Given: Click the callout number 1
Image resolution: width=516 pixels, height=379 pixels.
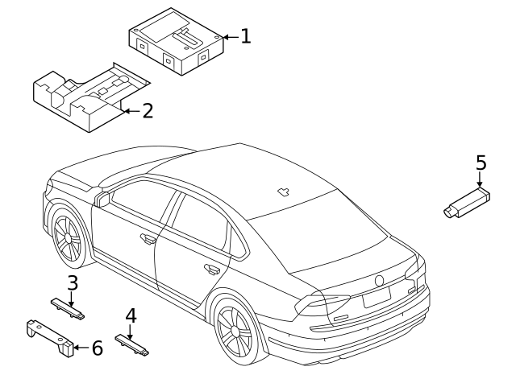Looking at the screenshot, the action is click(x=246, y=36).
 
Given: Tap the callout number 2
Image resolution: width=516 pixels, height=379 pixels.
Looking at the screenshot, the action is click(x=148, y=111).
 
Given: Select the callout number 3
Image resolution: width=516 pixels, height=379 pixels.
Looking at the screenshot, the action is click(x=73, y=282).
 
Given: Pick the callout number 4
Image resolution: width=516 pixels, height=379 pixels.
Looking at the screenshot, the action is click(x=131, y=315).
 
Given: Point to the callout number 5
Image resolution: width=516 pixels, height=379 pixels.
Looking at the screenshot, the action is click(x=481, y=163).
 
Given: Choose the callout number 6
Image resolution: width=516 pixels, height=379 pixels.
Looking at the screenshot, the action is click(x=97, y=348).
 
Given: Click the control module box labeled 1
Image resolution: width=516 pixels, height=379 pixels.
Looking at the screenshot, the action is click(x=176, y=41).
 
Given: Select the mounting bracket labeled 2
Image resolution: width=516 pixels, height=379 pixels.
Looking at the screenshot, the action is click(x=91, y=98).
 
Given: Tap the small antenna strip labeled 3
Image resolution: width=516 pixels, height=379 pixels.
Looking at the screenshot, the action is click(x=68, y=308).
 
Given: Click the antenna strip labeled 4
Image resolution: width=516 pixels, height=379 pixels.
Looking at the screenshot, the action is click(x=131, y=344).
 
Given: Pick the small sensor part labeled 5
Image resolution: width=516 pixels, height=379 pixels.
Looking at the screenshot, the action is click(x=467, y=203).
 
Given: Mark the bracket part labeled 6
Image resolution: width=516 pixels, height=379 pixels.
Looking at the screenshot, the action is click(x=50, y=338).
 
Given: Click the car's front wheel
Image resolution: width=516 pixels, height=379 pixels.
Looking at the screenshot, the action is click(x=68, y=237).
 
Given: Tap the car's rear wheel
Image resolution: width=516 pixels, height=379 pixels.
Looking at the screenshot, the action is click(x=235, y=331).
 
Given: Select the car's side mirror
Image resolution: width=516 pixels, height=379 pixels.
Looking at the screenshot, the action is click(x=102, y=200).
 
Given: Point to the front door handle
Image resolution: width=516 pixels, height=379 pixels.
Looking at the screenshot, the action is click(x=148, y=239).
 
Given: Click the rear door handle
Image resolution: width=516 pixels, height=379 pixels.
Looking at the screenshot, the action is click(x=212, y=269).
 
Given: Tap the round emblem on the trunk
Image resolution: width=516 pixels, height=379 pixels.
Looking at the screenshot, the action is click(x=380, y=281).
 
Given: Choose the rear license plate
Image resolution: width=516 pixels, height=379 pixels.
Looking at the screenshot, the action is click(x=377, y=297).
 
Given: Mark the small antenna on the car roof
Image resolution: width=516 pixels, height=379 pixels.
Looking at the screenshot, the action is click(x=283, y=192).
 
